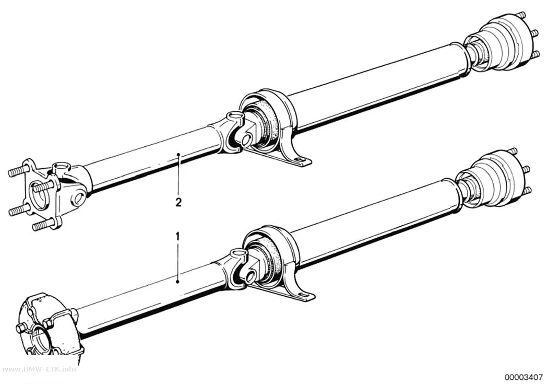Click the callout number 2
(x=178, y=203)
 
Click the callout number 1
(x=178, y=237)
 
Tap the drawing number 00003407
(x=523, y=377)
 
